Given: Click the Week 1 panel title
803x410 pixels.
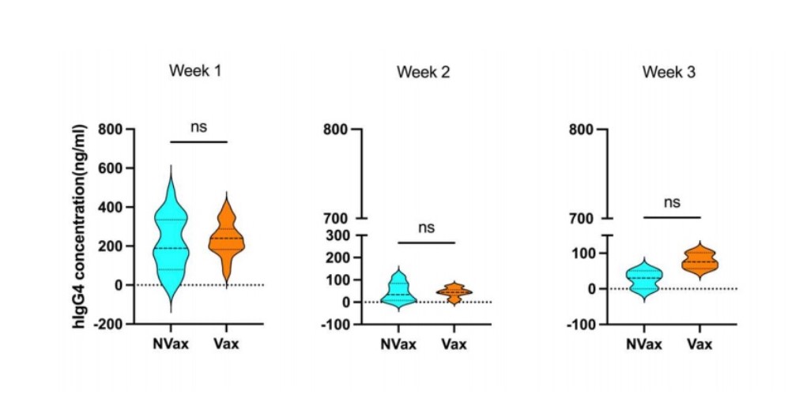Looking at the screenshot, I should (x=194, y=70).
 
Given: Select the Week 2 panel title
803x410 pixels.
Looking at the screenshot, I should (x=424, y=73).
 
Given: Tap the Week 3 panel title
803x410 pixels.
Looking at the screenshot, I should (x=669, y=73).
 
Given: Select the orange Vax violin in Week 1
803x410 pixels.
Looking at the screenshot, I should (x=227, y=237).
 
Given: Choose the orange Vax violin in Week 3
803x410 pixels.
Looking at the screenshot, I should (x=699, y=261).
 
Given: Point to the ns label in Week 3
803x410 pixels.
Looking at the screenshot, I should (x=672, y=202).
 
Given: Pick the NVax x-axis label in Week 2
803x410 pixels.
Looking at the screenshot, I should (x=399, y=344).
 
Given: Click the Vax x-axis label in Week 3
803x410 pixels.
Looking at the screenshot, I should (x=699, y=344).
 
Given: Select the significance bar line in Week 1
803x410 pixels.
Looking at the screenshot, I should (x=198, y=141).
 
